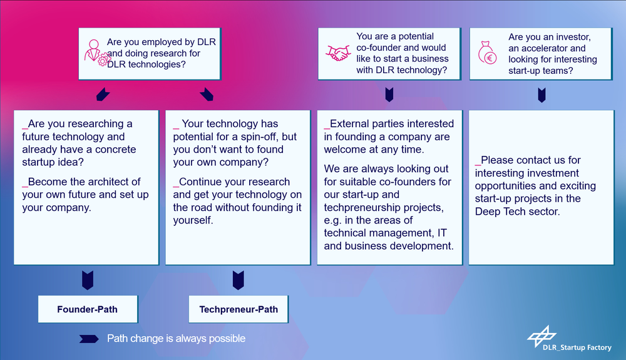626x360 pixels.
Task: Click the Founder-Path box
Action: pyautogui.click(x=88, y=309)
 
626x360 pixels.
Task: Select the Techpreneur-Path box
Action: pyautogui.click(x=239, y=309)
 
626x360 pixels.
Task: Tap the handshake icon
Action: pyautogui.click(x=338, y=53)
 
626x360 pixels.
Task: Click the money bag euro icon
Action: pyautogui.click(x=487, y=53)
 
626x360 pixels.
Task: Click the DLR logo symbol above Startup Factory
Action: pyautogui.click(x=541, y=336)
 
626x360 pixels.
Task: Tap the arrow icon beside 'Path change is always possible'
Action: pyautogui.click(x=89, y=339)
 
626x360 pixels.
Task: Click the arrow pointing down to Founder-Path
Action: pyautogui.click(x=88, y=280)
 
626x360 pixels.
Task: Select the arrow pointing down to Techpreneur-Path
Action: pyautogui.click(x=239, y=280)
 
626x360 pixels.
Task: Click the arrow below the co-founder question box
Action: pyautogui.click(x=389, y=95)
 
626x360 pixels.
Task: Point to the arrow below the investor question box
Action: pyautogui.click(x=541, y=95)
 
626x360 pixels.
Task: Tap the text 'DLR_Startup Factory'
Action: pyautogui.click(x=577, y=347)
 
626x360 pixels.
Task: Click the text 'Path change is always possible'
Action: pyautogui.click(x=176, y=339)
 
